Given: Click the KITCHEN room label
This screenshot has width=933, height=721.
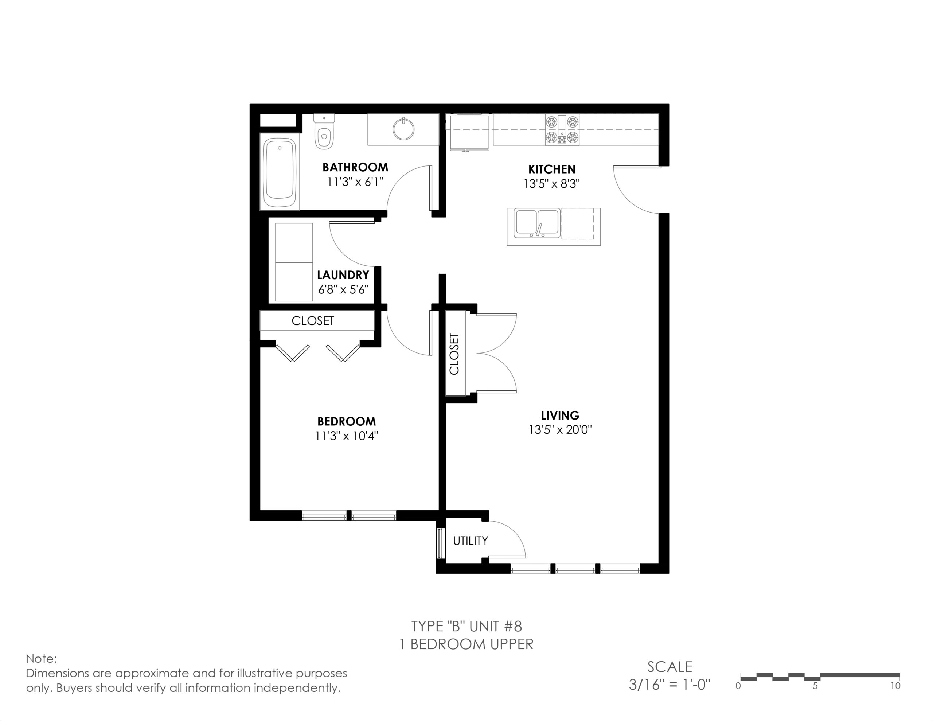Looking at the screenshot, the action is point(551,169).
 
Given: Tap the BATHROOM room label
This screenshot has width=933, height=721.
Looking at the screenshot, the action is point(355,167).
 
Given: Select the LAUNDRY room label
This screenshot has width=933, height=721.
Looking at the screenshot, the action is point(343,275).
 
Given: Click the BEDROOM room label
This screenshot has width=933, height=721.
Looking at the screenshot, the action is point(347,421).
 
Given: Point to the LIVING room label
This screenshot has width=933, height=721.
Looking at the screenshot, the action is point(560,415).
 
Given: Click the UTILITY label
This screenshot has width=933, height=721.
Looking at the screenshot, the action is point(471,541).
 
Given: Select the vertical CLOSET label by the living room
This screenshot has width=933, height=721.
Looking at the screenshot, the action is point(454,354).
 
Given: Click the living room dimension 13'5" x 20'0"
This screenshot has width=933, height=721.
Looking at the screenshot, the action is point(560,429).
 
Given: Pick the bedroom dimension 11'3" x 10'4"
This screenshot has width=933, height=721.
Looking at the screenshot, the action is point(347,436).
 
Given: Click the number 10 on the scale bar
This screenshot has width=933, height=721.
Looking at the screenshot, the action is point(895,686).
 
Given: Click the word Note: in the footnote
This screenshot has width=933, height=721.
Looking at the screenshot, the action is point(41,659).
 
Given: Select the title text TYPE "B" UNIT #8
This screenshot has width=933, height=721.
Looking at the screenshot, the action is point(466,626).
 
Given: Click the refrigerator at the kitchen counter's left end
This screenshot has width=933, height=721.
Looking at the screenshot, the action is point(469,132).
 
